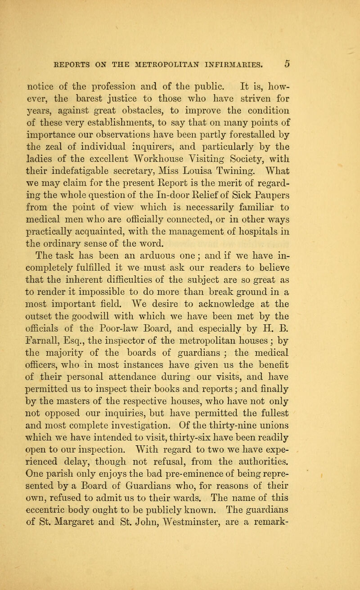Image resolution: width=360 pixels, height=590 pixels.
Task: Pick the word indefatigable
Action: click(116, 147)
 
